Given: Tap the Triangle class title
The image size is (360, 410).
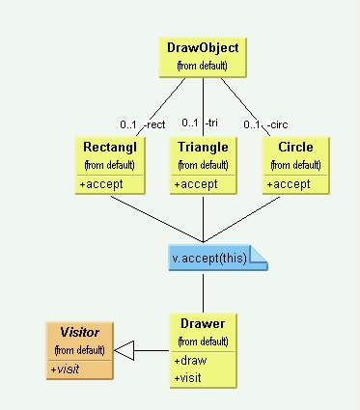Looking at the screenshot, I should click(204, 147).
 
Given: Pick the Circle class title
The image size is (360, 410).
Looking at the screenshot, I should click(295, 147).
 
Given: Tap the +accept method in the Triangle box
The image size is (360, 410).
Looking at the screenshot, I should click(195, 183).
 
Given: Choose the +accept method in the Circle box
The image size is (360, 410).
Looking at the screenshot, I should click(288, 183).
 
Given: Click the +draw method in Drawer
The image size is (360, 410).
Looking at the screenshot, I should click(190, 361).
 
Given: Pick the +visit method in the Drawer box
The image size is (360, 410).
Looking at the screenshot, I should click(189, 376).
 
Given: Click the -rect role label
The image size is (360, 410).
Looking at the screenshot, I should click(154, 125).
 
